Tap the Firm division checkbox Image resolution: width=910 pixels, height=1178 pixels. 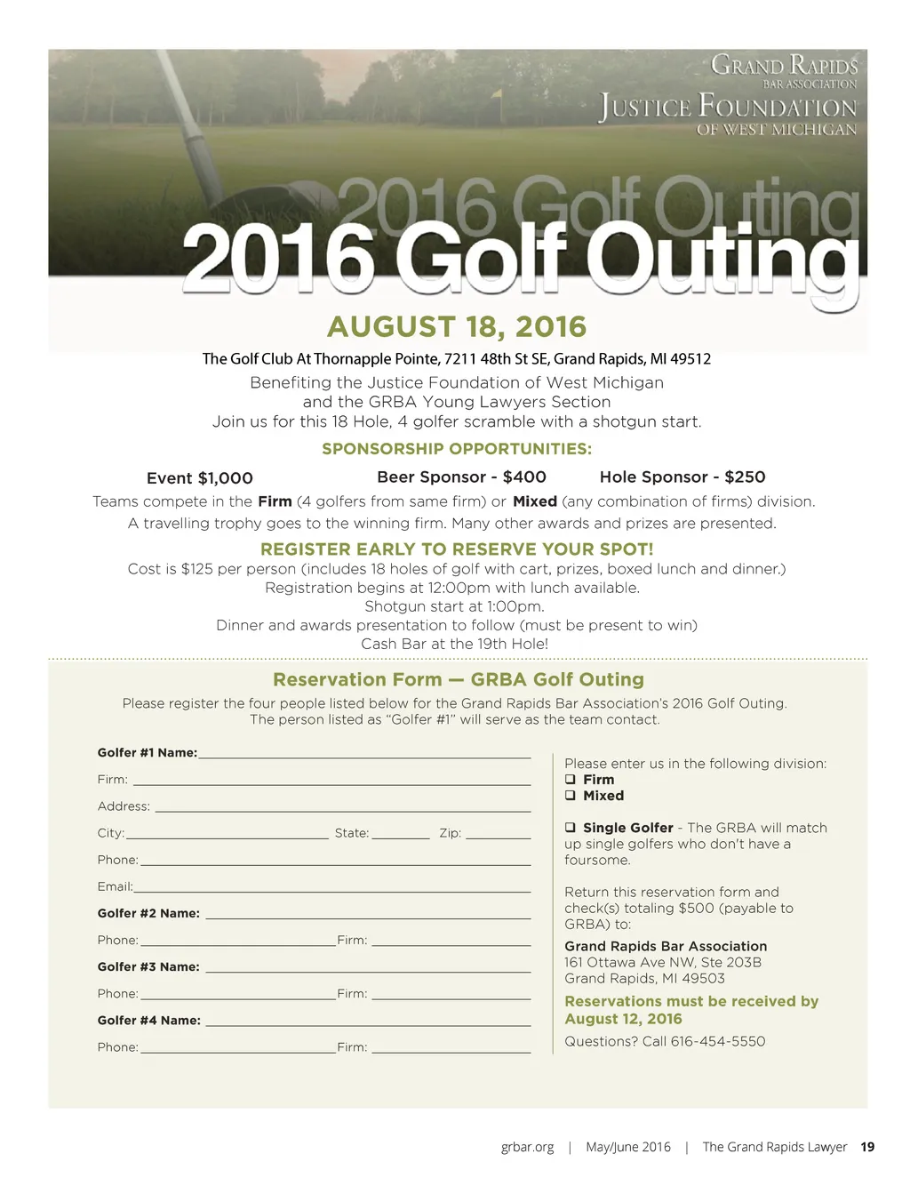571,780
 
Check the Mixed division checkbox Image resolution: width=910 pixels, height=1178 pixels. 571,796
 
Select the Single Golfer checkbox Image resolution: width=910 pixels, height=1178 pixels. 571,828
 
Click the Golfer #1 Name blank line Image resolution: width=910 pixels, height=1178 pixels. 364,757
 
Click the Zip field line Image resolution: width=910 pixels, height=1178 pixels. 498,837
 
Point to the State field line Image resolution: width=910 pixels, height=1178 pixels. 401,837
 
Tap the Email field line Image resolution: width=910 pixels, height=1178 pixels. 331,890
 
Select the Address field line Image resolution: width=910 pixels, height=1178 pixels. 342,810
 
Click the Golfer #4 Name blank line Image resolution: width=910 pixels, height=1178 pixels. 367,1024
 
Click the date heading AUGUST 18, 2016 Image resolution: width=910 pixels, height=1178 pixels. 457,327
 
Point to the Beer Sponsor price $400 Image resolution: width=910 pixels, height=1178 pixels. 524,477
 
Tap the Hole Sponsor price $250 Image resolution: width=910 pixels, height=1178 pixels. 745,477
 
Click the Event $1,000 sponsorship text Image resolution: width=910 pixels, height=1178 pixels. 200,478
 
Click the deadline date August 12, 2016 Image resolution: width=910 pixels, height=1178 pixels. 624,1019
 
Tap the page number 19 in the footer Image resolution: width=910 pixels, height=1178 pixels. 867,1147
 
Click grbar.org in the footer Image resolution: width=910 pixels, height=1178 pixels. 528,1147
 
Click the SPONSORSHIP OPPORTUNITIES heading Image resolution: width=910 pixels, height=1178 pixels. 457,449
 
